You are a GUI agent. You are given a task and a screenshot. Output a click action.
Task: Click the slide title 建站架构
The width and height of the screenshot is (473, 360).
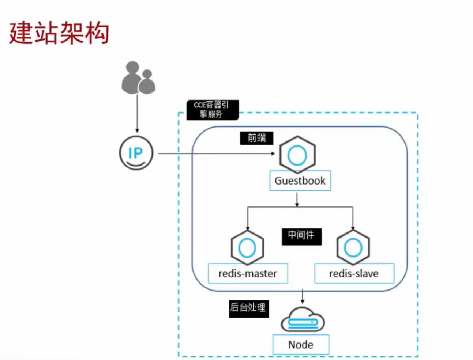click(x=59, y=33)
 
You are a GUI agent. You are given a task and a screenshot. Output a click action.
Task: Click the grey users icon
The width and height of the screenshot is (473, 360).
click(x=138, y=78)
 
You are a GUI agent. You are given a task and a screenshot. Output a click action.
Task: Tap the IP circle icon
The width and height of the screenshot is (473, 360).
click(x=136, y=153)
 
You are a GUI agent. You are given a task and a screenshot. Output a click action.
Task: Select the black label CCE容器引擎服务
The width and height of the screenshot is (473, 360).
click(x=212, y=110)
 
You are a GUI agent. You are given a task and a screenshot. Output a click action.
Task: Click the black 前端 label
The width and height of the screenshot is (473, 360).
click(x=256, y=138)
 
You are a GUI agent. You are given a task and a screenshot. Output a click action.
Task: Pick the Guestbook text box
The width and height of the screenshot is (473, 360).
click(x=300, y=181)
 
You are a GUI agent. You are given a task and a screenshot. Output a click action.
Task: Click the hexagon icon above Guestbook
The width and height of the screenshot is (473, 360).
click(x=297, y=155)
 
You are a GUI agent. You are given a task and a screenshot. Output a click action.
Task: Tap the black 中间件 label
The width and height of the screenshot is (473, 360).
click(x=301, y=236)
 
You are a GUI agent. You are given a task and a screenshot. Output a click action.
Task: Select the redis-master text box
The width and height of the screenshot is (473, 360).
click(x=248, y=273)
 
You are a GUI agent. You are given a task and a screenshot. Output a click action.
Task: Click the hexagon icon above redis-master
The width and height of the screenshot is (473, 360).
click(x=247, y=248)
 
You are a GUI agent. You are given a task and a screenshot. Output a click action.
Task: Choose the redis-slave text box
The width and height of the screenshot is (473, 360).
click(x=354, y=273)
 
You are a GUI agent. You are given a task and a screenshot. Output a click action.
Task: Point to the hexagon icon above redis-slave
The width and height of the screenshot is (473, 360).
click(x=353, y=248)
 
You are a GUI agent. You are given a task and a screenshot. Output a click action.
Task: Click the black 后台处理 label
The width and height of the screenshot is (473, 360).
click(x=248, y=308)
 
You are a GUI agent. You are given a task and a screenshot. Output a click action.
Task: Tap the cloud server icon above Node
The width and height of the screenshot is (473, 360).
click(x=303, y=320)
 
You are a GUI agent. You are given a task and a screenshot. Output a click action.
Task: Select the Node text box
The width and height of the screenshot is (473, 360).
click(x=301, y=345)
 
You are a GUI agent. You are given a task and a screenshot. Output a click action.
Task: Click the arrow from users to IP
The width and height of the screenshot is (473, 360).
click(x=137, y=113)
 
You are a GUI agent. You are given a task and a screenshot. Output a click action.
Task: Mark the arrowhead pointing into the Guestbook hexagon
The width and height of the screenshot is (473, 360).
click(x=273, y=154)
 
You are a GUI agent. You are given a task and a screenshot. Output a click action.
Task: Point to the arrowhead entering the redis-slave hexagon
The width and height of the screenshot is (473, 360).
click(x=353, y=228)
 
